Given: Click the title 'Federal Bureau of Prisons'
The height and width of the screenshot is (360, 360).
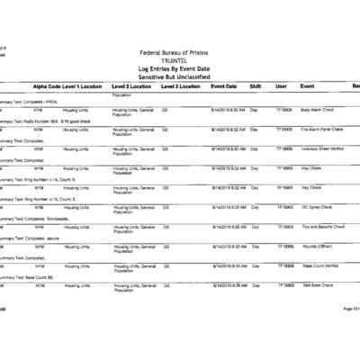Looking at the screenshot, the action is coord(179,55).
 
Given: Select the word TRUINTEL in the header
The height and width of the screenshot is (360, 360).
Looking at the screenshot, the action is coord(179,62).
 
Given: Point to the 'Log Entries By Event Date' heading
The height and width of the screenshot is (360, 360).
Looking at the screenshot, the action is coord(179,70).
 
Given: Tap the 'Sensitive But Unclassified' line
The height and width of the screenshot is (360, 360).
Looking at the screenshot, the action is coord(179,77).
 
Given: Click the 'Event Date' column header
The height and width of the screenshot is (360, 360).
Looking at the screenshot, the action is coord(224,86).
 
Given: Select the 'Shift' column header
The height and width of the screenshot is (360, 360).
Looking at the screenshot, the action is coord(255,86).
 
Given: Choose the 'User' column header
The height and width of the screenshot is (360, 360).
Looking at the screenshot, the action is coord(281,86).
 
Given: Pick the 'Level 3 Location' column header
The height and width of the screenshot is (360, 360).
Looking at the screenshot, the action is coord(181,86).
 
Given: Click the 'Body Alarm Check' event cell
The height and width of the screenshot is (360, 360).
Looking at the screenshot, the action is coord(319,109).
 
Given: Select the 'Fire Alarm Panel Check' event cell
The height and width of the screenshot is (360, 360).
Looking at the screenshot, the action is coord(325,129).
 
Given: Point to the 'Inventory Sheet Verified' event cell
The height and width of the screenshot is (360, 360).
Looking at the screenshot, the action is coord(326,148).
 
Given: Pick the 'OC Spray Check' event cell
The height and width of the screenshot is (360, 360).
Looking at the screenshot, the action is coord(318,207).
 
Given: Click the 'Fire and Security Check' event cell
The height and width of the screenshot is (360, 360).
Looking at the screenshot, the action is coord(325,227).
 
